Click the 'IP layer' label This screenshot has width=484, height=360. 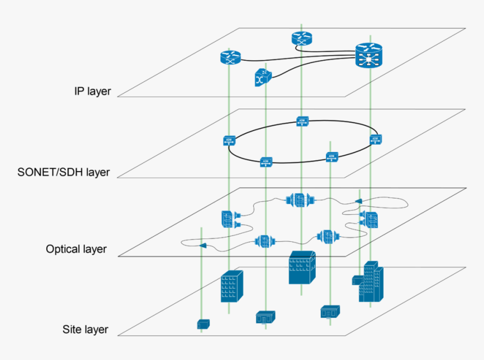93,91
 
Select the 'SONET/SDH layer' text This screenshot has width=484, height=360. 64,172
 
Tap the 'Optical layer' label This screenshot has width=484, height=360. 77,249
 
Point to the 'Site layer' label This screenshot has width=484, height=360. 85,330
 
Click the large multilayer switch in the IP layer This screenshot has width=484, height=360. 369,56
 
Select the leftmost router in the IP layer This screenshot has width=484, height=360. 230,57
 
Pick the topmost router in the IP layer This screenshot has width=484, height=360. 302,39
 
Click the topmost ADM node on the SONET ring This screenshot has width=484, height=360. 302,121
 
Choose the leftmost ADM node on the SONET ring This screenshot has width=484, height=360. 228,141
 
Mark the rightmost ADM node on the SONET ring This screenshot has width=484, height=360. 375,139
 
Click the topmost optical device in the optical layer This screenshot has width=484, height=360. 299,200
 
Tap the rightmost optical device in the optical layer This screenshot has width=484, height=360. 370,219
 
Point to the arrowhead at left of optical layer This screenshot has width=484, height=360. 203,246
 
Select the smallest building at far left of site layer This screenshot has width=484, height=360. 203,324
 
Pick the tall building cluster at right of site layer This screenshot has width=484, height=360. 369,282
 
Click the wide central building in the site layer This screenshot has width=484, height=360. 302,268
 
